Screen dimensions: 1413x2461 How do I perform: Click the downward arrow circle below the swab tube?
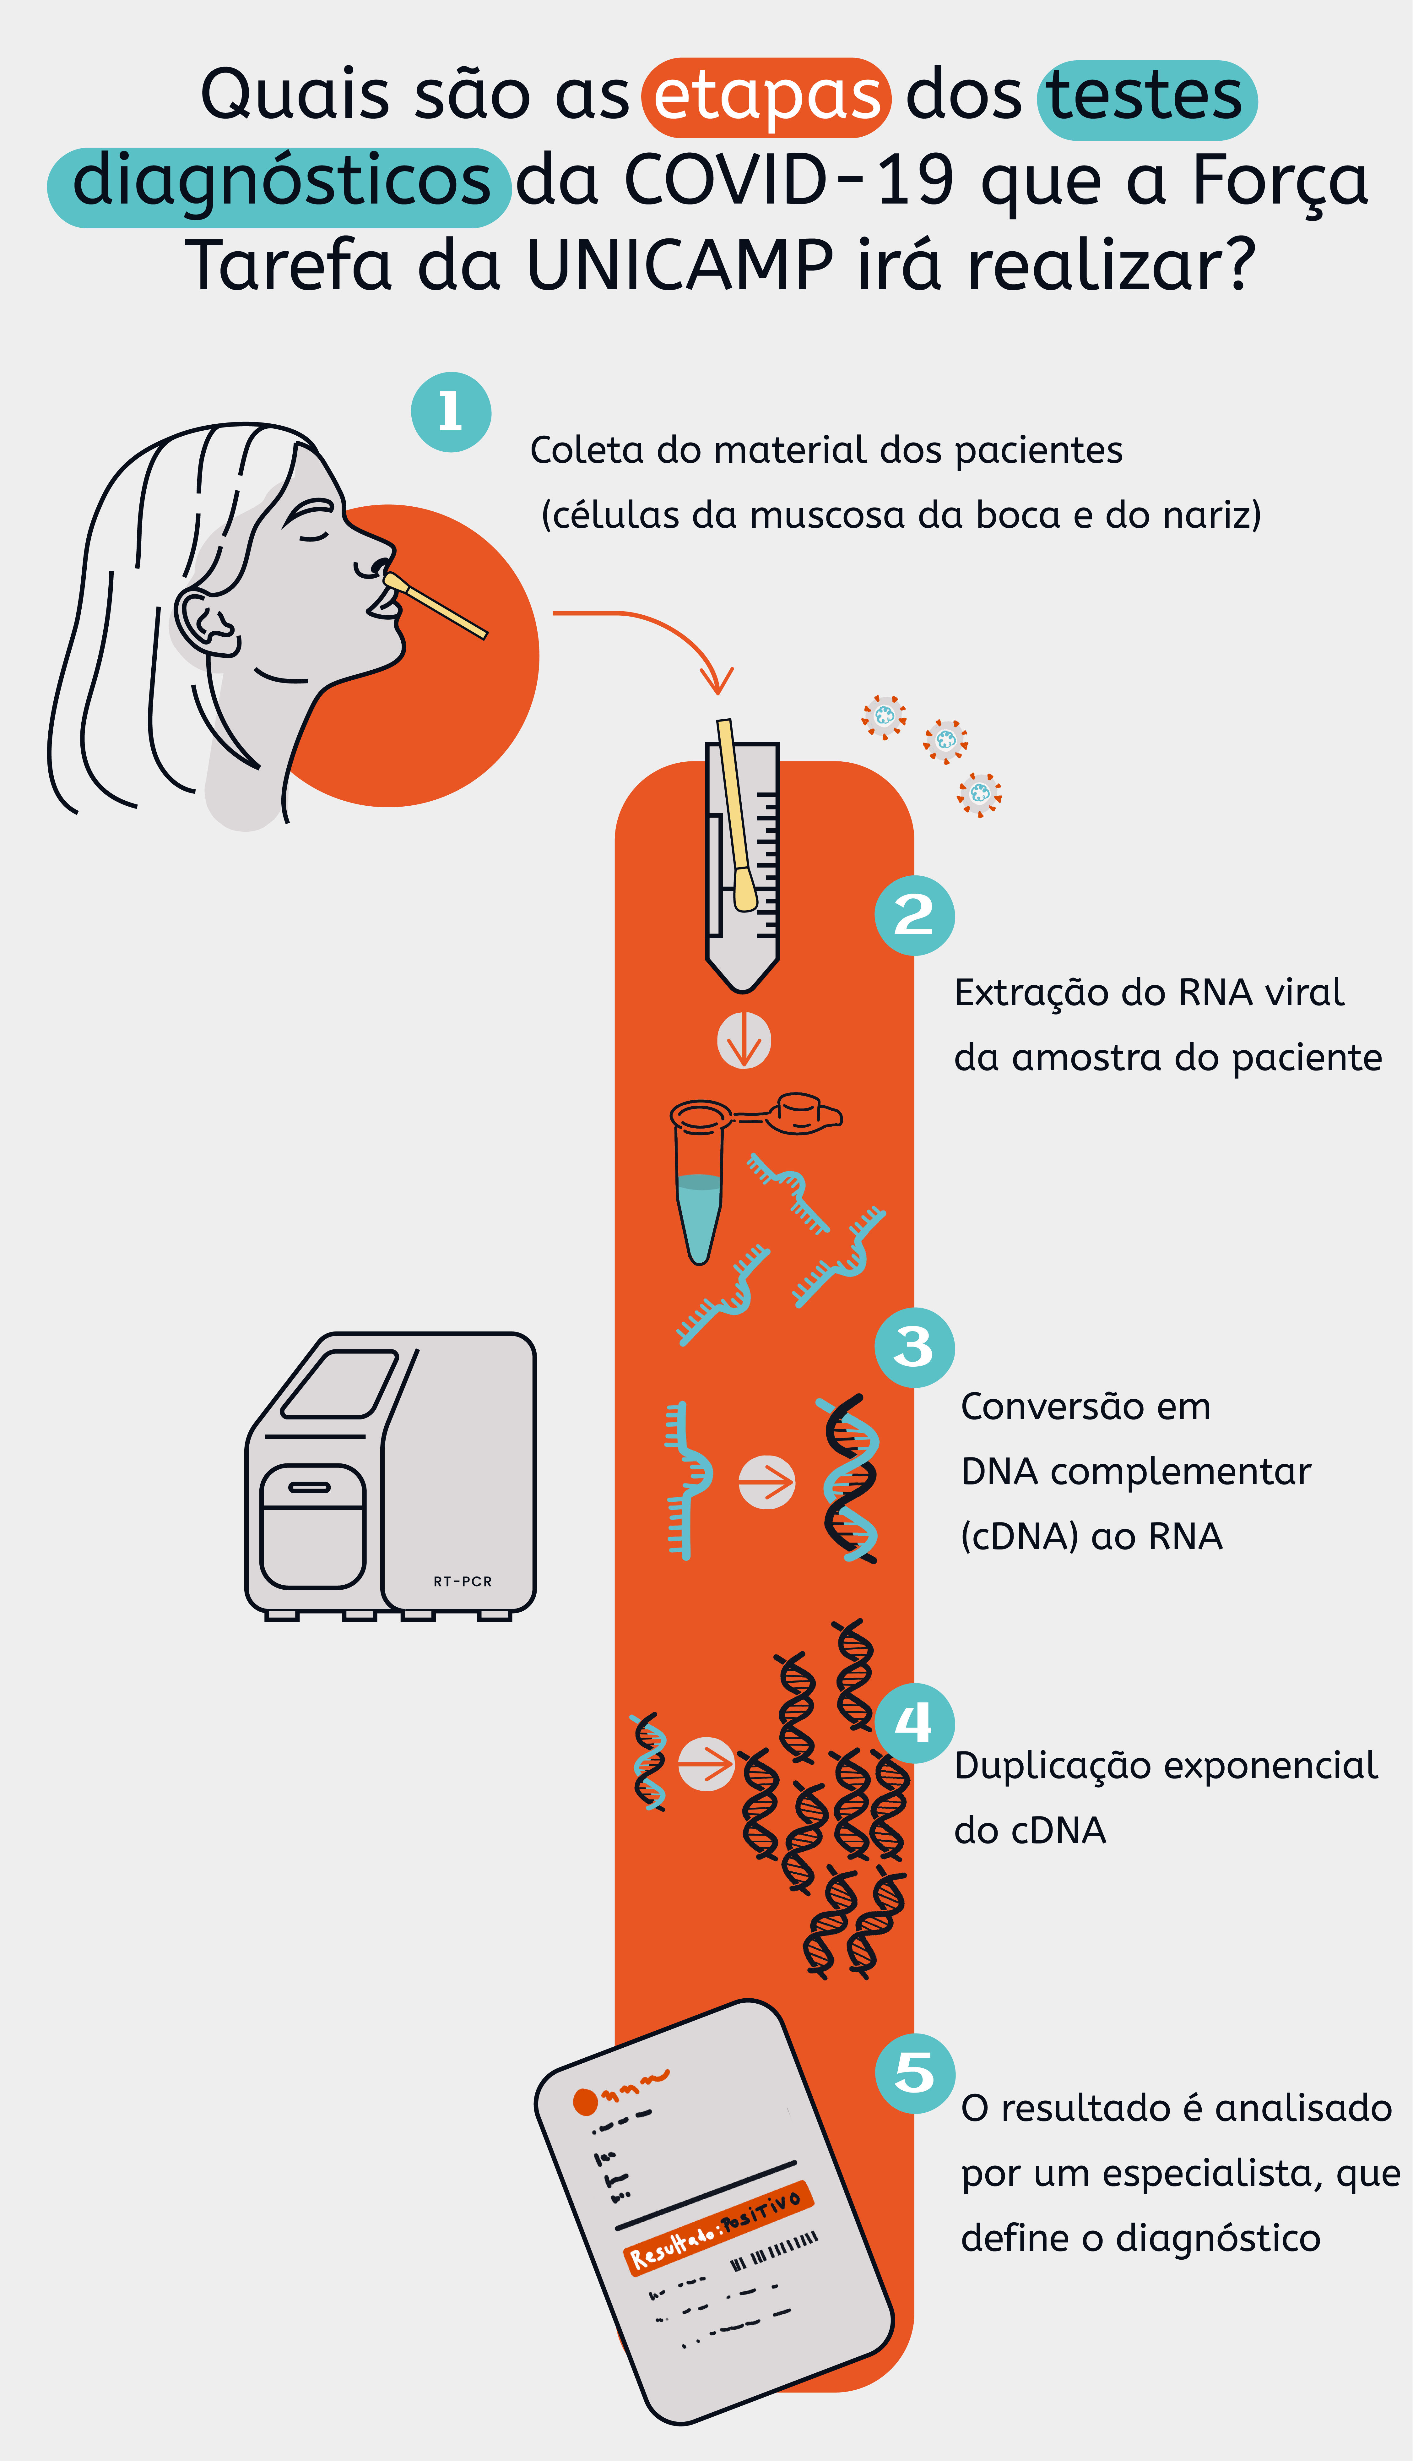tap(744, 1041)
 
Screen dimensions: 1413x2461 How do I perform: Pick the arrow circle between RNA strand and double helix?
tap(767, 1483)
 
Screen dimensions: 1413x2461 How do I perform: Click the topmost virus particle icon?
tap(884, 716)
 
